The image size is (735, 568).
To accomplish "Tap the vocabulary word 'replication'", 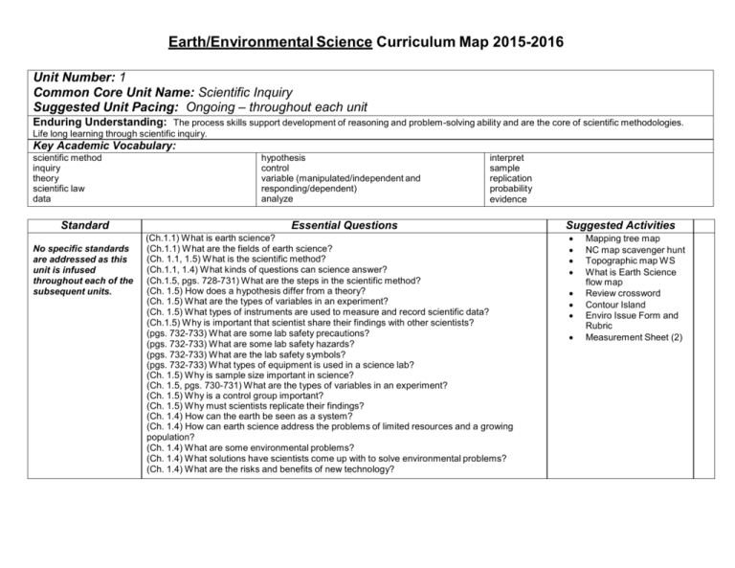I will (x=514, y=178).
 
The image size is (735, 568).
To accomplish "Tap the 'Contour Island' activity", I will (x=618, y=304).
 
